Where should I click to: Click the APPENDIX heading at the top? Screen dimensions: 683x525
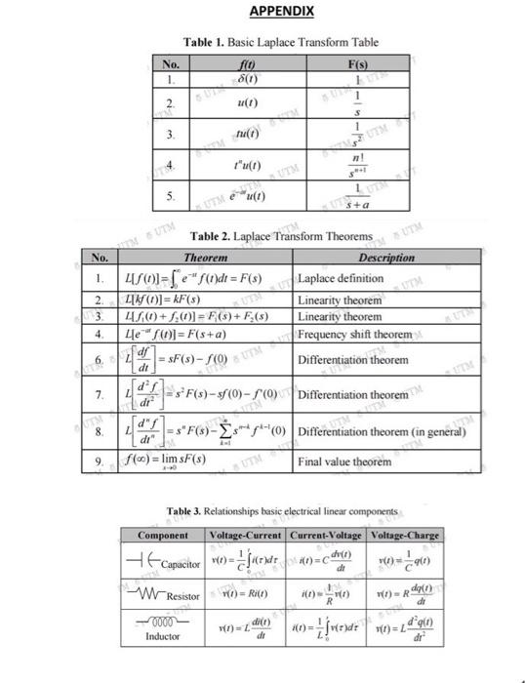[x=282, y=11]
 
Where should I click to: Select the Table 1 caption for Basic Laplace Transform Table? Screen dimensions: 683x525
[x=281, y=42]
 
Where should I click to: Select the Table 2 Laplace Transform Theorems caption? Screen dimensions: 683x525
[x=281, y=236]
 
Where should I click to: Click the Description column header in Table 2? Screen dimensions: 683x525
[x=386, y=258]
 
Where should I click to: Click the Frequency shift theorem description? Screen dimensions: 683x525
[x=355, y=333]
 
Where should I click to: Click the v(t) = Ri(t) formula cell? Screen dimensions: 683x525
[x=246, y=594]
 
